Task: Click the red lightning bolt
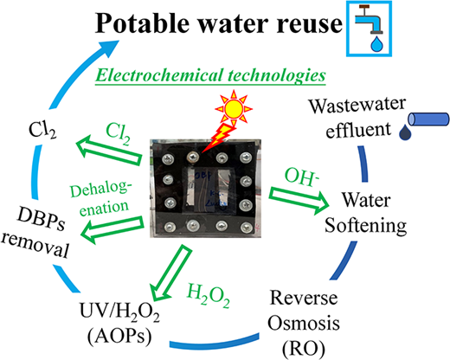coord(219,138)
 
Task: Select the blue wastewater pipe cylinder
coord(428,119)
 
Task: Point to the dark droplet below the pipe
coord(405,132)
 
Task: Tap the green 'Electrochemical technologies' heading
coord(210,75)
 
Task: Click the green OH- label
coord(302,176)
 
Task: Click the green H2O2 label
coord(209,295)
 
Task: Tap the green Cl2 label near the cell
coord(119,133)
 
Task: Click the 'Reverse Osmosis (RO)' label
coord(304,323)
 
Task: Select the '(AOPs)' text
coord(119,337)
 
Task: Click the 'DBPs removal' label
coord(37,233)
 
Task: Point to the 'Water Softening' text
coord(366,212)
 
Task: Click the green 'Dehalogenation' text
coord(101,198)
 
